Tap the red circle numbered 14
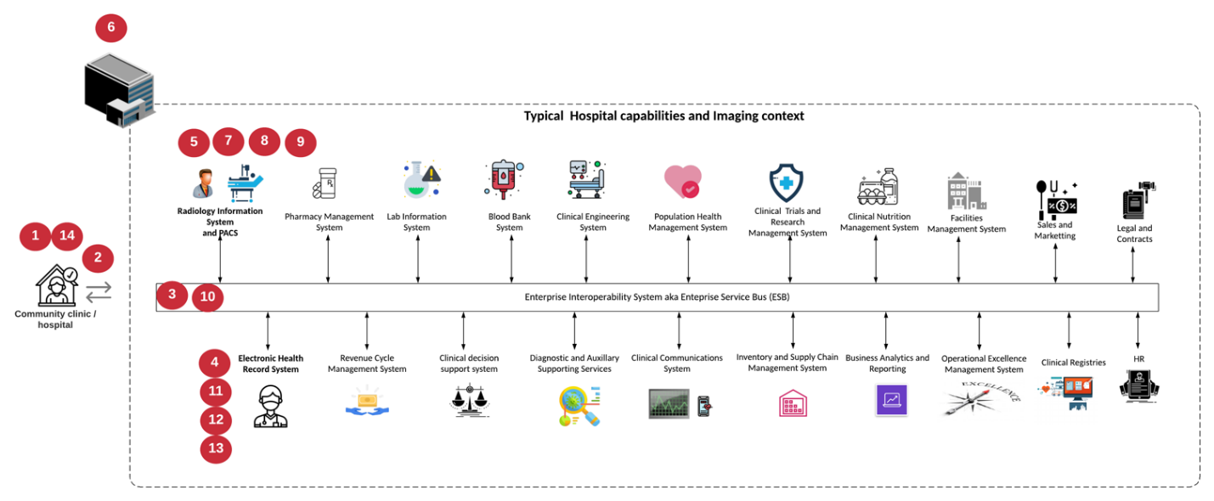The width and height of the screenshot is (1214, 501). [x=66, y=237]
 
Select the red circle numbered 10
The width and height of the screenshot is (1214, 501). [x=208, y=297]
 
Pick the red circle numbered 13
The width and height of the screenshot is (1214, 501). [x=216, y=448]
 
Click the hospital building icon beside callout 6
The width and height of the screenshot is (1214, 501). [x=119, y=88]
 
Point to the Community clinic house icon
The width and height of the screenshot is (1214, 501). [x=56, y=285]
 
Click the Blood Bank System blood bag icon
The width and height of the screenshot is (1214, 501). [x=507, y=179]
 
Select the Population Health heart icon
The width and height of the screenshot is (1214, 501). [x=682, y=182]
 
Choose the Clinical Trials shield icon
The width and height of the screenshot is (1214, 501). [x=787, y=183]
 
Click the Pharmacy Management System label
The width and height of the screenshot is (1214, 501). [x=329, y=222]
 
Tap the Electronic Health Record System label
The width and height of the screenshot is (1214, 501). [x=270, y=363]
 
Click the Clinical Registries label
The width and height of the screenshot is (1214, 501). [x=1073, y=363]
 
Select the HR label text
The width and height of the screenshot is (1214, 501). [x=1138, y=359]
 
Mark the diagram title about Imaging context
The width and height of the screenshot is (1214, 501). [x=663, y=115]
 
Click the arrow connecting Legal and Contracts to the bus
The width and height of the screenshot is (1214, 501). [x=1132, y=264]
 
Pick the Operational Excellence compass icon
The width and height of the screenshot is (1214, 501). [x=981, y=398]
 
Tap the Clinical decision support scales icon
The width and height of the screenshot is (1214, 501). [x=468, y=401]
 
